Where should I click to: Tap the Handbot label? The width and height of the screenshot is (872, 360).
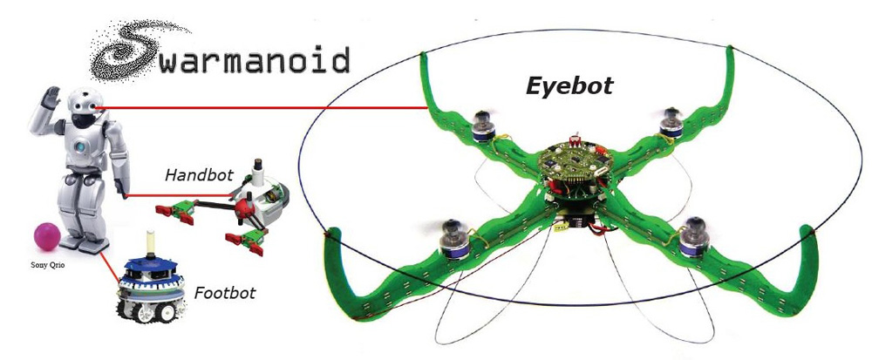click(199, 175)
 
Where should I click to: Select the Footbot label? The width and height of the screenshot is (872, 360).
click(225, 293)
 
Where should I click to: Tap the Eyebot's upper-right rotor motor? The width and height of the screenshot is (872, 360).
click(671, 123)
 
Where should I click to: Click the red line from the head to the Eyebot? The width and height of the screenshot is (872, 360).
click(262, 109)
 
